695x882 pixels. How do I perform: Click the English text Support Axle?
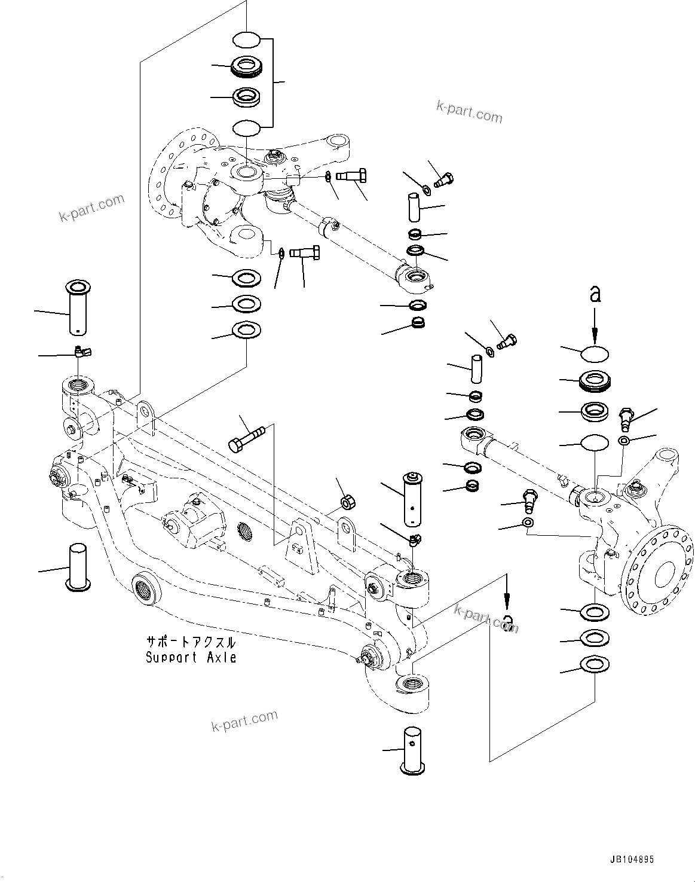[x=191, y=658]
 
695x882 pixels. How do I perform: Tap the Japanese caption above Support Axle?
[x=191, y=643]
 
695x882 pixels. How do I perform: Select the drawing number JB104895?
[x=632, y=860]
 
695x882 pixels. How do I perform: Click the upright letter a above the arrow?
[x=595, y=294]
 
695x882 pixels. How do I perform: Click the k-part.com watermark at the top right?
[x=469, y=111]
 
